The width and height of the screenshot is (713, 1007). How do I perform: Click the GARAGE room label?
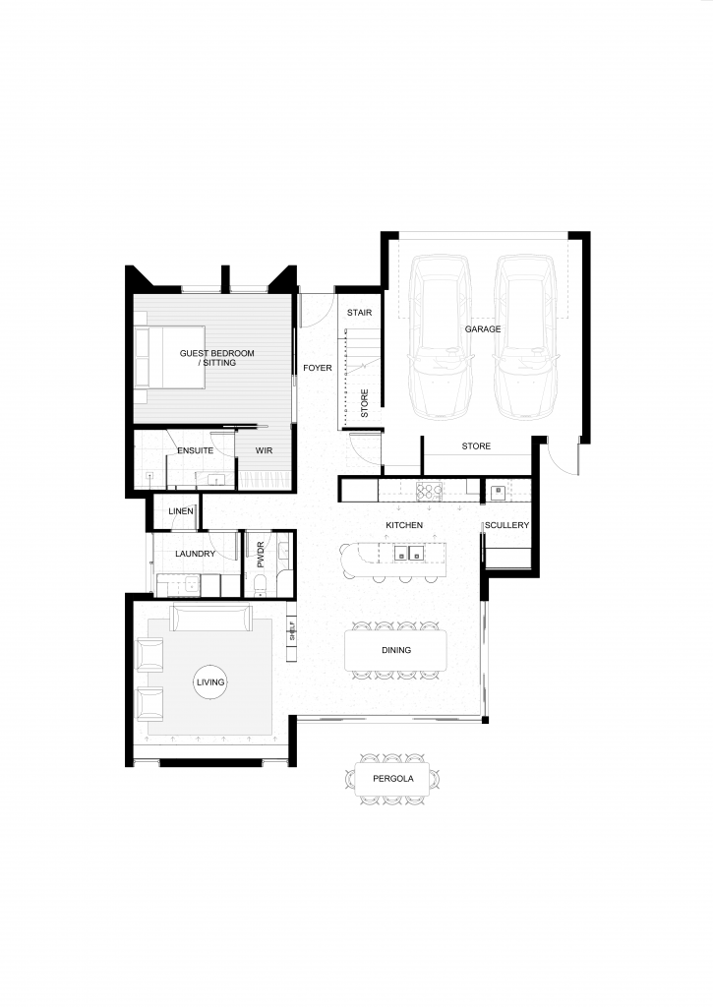coord(483,328)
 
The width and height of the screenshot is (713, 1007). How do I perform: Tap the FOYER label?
coord(318,368)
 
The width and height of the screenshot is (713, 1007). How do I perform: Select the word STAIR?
coord(359,313)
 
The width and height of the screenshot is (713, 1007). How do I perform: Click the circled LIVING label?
coord(210,682)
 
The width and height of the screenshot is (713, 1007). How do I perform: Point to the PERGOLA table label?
coord(393,779)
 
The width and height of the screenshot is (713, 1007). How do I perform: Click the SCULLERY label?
coord(506,525)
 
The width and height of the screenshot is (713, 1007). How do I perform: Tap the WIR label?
coord(264,450)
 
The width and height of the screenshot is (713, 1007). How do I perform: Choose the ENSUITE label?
coord(196,450)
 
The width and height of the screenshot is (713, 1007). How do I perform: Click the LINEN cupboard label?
coord(181,511)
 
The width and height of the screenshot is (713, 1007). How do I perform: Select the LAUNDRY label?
coord(196,554)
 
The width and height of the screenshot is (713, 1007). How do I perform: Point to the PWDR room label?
coord(261,555)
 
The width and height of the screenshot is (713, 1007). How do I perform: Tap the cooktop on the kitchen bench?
coord(429,492)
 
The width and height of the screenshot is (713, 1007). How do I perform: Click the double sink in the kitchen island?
coord(409,553)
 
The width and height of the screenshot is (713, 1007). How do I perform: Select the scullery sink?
coord(498,492)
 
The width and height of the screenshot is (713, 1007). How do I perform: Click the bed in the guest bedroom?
coord(169,357)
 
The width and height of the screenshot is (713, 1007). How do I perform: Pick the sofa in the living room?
coord(210,618)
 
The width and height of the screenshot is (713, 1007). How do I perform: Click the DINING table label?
coord(396,650)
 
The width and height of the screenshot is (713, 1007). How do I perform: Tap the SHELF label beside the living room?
coord(292,630)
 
